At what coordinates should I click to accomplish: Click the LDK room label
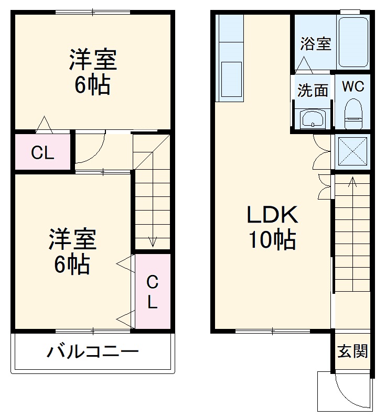[272, 215]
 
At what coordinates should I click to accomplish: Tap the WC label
[353, 87]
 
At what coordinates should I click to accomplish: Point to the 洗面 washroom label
[313, 91]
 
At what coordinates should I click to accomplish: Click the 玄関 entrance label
[352, 351]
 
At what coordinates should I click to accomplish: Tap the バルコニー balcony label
[93, 351]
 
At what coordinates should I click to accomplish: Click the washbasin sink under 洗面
[313, 118]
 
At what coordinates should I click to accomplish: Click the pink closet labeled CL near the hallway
[42, 152]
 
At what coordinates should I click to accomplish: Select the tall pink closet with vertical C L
[152, 292]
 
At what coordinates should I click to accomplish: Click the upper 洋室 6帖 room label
[92, 72]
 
